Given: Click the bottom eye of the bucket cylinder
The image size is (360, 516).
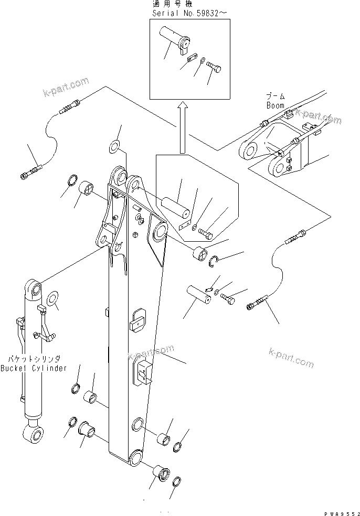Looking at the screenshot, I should (34, 434).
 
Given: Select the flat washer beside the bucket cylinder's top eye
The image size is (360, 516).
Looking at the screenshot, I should (54, 300).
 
